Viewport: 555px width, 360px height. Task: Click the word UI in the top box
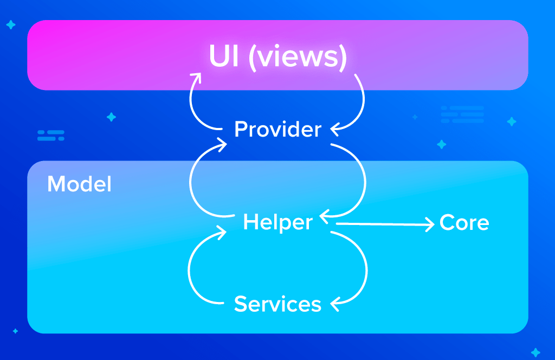(x=224, y=56)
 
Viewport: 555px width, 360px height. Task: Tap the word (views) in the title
(x=298, y=57)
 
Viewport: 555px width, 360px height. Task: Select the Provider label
(x=277, y=130)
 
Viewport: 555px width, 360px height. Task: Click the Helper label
(x=277, y=222)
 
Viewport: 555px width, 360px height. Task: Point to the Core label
(x=464, y=223)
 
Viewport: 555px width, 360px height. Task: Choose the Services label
(x=277, y=304)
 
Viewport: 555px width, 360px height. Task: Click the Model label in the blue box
(x=79, y=184)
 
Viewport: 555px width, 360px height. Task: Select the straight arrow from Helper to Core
(x=385, y=223)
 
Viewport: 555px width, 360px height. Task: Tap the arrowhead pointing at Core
(x=431, y=223)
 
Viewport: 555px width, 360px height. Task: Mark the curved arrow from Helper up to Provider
(x=191, y=179)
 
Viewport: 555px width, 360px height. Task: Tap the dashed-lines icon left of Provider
(x=51, y=135)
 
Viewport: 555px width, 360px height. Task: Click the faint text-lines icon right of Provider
(x=462, y=114)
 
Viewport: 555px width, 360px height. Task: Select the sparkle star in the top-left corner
(x=10, y=25)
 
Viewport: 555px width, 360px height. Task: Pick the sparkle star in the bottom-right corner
(x=535, y=352)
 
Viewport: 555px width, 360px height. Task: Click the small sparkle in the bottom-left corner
(x=15, y=331)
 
